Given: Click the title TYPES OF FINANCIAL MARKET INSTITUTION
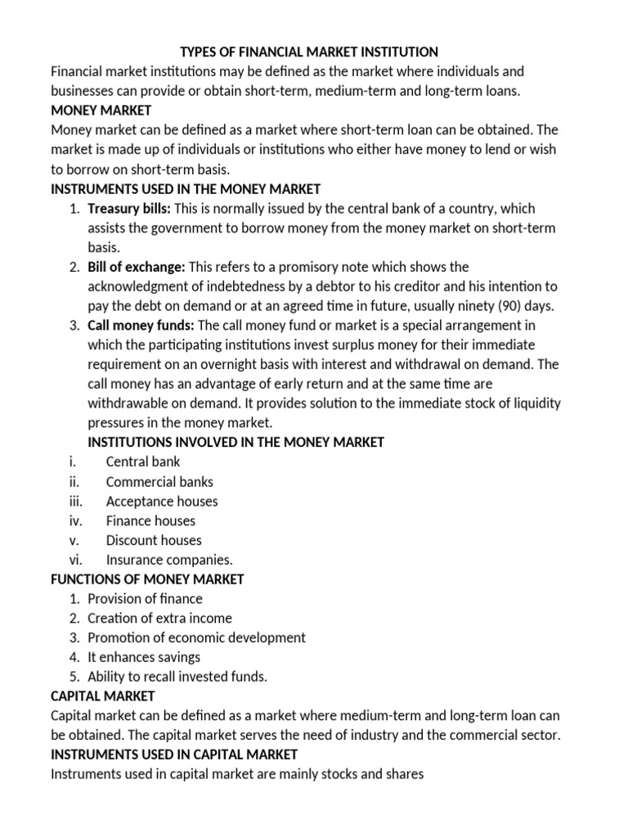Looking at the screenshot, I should tap(309, 52).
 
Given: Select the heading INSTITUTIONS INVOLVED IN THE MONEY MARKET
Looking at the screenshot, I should tap(236, 443).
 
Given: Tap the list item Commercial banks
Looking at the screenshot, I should tap(159, 482).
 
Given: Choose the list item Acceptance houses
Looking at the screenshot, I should tap(162, 502).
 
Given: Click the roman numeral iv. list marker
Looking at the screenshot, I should tap(75, 521).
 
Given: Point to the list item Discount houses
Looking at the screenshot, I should tap(154, 541).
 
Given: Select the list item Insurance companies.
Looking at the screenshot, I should tap(169, 561).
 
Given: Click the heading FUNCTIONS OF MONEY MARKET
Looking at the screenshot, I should tap(147, 579).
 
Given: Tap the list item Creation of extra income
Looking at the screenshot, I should tap(160, 619).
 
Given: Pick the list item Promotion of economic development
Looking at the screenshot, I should tap(197, 638).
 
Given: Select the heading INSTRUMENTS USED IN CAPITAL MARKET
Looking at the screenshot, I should tap(174, 755).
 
